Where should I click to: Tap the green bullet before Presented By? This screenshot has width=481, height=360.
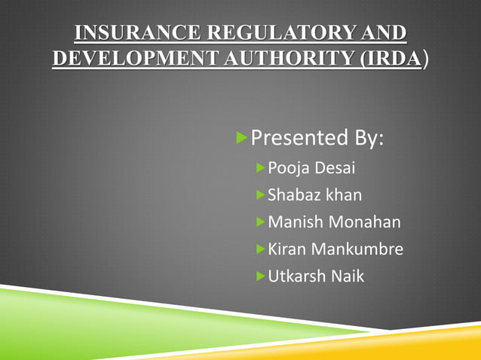241,138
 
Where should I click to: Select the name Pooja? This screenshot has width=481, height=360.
288,168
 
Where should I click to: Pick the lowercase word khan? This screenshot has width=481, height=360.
345,195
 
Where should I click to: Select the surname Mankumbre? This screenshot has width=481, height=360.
357,249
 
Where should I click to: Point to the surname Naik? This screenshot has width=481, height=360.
348,276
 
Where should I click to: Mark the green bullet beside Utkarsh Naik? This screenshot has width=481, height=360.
260,276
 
